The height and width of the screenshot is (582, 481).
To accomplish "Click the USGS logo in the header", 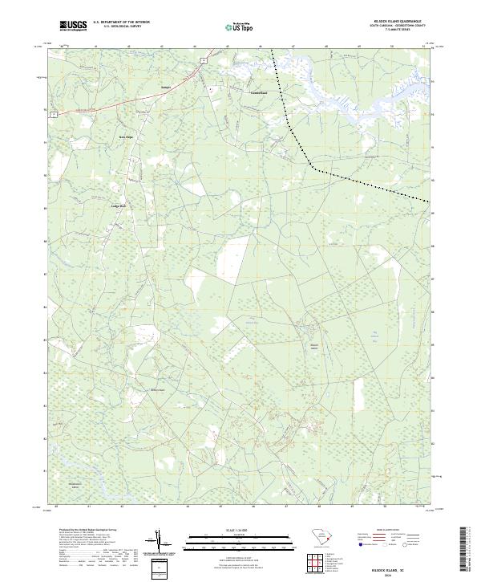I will point(73,26).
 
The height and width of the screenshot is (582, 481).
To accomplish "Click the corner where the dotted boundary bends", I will point(313,169).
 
